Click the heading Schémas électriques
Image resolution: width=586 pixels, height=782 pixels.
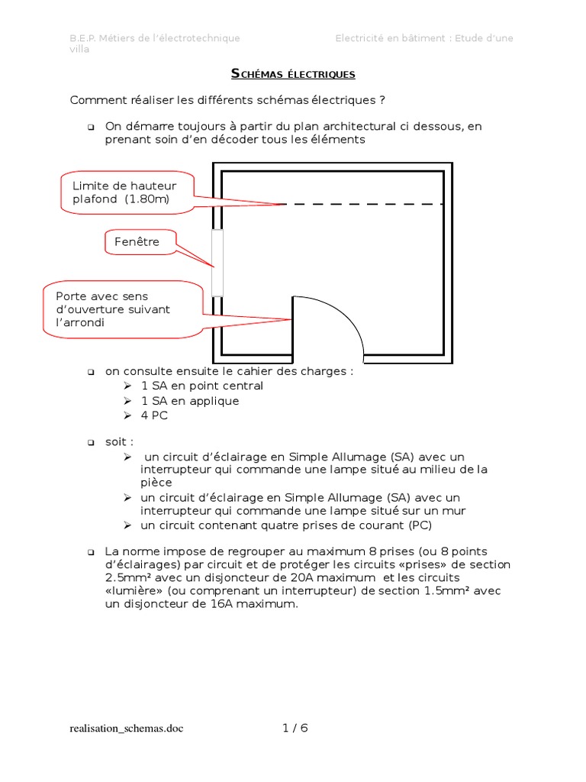pyautogui.click(x=293, y=74)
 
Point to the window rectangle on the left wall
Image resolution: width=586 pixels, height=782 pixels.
pyautogui.click(x=217, y=262)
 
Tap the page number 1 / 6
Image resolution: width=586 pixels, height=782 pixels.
pyautogui.click(x=295, y=728)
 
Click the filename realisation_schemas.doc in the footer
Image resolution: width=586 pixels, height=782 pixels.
pyautogui.click(x=126, y=729)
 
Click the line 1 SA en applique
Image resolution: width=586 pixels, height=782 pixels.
pyautogui.click(x=190, y=401)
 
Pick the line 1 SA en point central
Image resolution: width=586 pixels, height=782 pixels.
pyautogui.click(x=202, y=386)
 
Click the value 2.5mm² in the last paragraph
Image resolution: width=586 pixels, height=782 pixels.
pyautogui.click(x=130, y=577)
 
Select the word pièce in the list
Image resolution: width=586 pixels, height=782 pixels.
pyautogui.click(x=156, y=483)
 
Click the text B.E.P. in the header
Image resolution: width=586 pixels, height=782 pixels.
pyautogui.click(x=84, y=38)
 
